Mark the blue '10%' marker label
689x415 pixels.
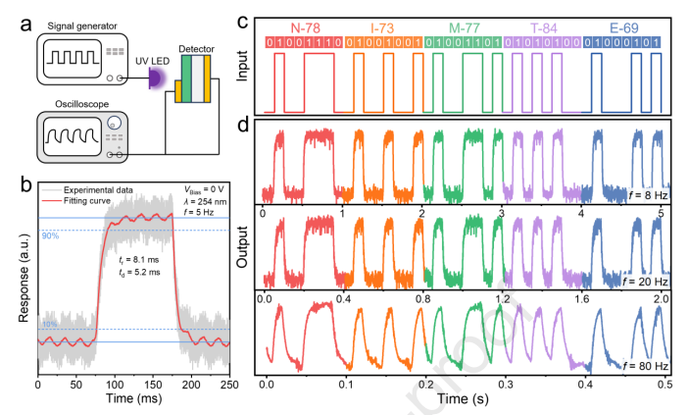tap(48, 324)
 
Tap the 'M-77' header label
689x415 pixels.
tap(462, 26)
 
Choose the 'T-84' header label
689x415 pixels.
tap(540, 26)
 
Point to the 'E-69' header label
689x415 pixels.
tap(619, 26)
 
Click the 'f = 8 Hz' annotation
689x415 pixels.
tap(647, 198)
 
